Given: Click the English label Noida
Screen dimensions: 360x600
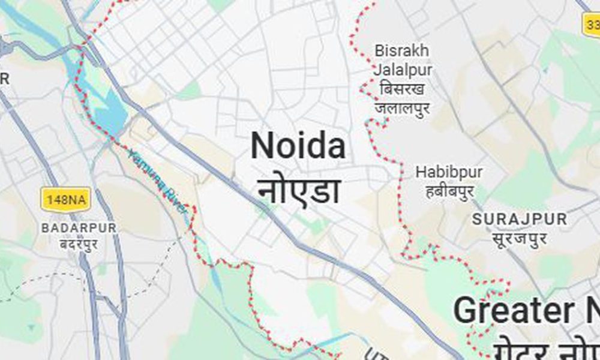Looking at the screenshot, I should point(298,147).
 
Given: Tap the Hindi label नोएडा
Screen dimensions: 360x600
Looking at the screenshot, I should point(300,189).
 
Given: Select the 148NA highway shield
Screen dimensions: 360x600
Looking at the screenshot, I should point(65,199).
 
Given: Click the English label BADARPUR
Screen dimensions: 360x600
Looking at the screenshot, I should point(79,228).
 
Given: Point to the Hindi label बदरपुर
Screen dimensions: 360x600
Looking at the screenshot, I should point(79,244).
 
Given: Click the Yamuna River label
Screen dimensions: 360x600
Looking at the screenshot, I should point(155,174).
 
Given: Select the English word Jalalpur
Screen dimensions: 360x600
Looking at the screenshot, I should point(402,70).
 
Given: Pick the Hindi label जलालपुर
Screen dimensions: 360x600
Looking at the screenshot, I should point(402,109).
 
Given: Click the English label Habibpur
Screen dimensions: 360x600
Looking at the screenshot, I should point(449,173).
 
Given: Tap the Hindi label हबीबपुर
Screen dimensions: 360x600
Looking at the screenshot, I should point(449,191).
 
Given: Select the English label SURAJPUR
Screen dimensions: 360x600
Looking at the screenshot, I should point(519,220).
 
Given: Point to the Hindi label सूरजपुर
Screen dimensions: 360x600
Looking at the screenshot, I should point(519,239).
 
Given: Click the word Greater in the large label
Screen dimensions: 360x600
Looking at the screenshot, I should point(514,311).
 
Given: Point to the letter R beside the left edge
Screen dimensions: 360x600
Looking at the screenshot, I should point(5,79).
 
